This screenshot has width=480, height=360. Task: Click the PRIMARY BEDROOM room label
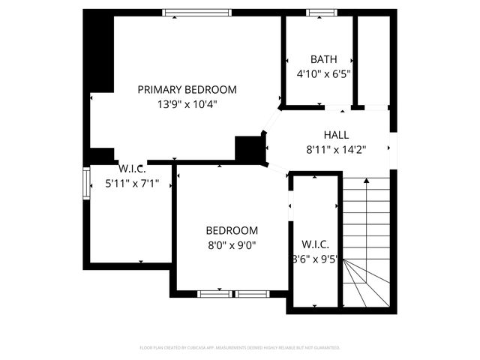pos(187,89)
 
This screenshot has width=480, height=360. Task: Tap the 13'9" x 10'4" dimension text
pos(187,104)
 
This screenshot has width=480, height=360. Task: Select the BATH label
pos(323,59)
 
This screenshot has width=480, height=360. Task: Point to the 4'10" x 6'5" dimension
pos(323,73)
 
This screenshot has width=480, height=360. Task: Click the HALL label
pos(336,134)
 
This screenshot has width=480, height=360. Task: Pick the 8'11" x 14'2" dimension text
pos(336,149)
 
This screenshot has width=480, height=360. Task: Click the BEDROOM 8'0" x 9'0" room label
pos(232,230)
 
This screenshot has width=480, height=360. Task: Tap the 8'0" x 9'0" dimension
pos(232,244)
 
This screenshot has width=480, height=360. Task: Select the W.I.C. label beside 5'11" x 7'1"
pos(132,166)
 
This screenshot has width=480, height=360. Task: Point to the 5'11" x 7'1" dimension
pos(132,181)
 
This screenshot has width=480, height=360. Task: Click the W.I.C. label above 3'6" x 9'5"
pos(315,245)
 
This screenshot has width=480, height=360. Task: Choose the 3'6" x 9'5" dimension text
pos(316,259)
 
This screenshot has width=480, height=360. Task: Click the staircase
pos(367,240)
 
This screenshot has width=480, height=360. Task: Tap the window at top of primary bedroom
pos(197,13)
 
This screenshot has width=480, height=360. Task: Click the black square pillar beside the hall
pos(248,148)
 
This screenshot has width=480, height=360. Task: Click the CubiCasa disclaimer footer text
pos(240,348)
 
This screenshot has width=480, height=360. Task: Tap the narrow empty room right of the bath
pos(373,60)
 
